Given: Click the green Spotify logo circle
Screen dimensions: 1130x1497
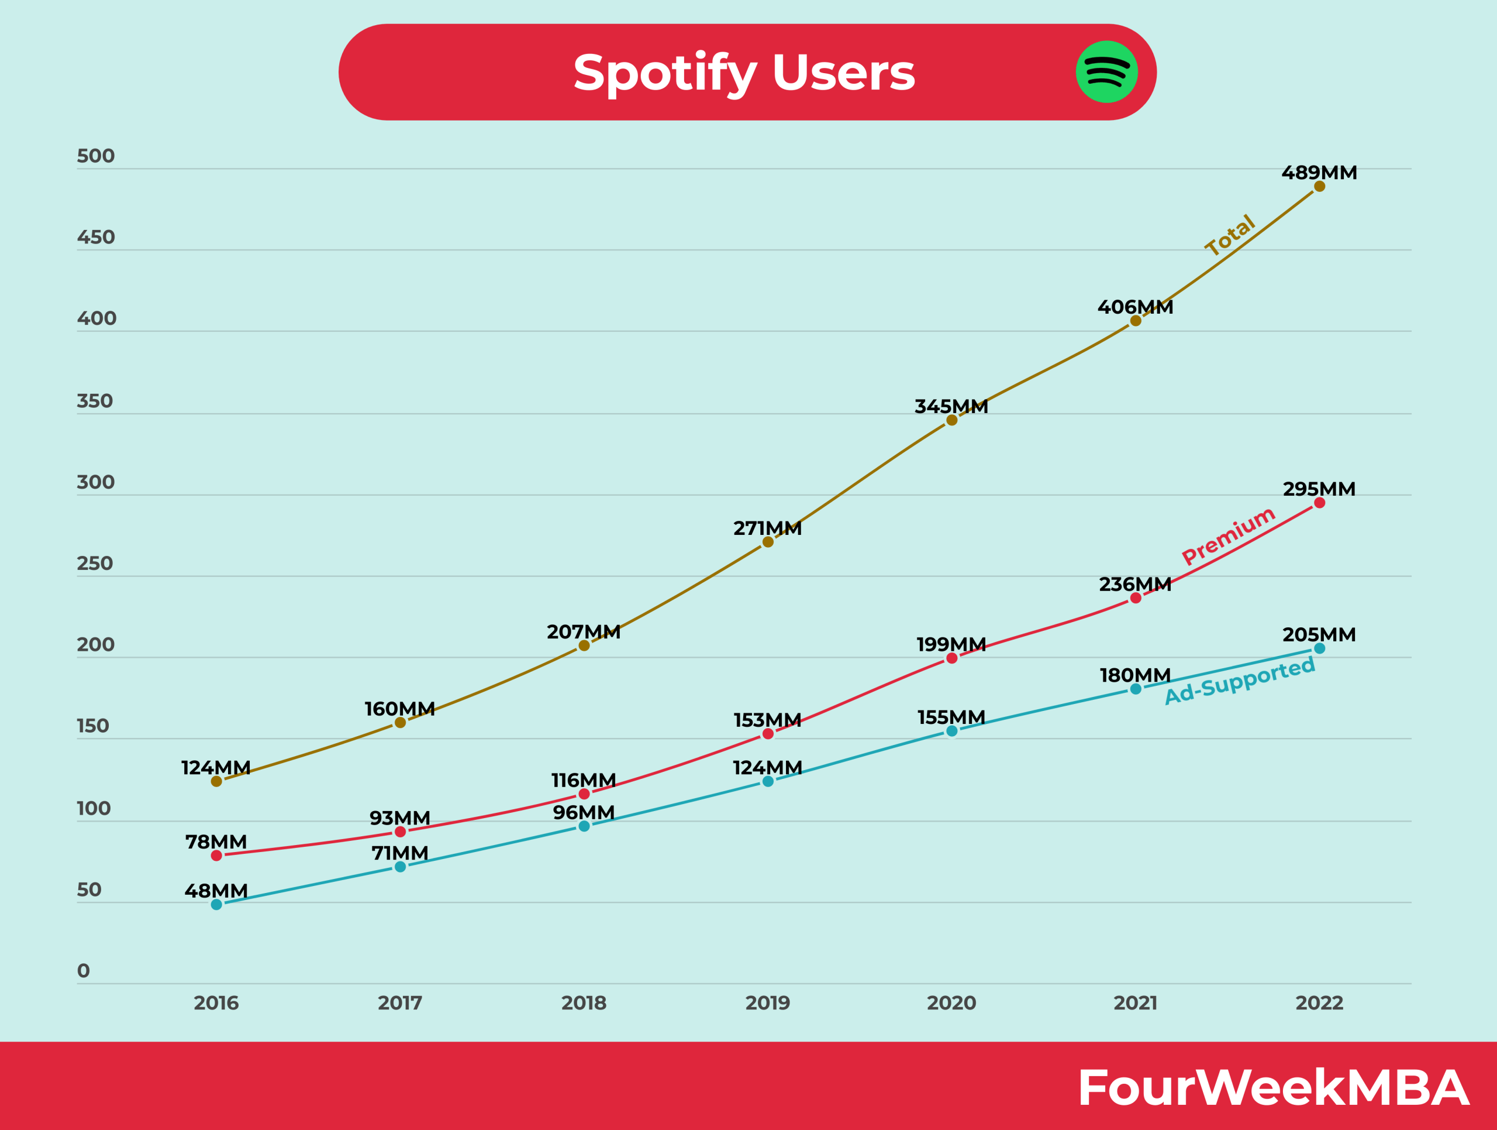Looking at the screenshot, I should tap(1106, 72).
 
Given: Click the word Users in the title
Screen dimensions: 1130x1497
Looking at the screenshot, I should tap(843, 73).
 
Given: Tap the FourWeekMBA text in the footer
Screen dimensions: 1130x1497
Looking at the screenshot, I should tap(1272, 1087).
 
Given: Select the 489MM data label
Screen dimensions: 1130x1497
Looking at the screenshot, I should tap(1319, 173).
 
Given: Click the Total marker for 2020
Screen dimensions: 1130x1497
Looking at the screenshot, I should tap(951, 420).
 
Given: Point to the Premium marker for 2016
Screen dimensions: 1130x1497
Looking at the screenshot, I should tap(216, 856).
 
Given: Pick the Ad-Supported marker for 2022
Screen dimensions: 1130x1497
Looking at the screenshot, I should tap(1320, 648).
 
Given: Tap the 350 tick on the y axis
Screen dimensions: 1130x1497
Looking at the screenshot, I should tap(95, 401).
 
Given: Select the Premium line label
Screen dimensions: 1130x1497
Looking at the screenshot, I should tap(1229, 535).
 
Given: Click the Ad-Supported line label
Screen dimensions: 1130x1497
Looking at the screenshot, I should tap(1240, 681).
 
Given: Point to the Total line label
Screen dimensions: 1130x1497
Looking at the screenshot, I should tap(1230, 235).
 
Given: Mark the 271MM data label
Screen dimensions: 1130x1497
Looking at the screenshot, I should tap(767, 528).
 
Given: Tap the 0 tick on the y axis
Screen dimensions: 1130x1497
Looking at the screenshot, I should tap(83, 971).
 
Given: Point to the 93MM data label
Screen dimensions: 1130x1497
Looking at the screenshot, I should tap(399, 818).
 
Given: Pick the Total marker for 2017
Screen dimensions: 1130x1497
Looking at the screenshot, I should tap(400, 722).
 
